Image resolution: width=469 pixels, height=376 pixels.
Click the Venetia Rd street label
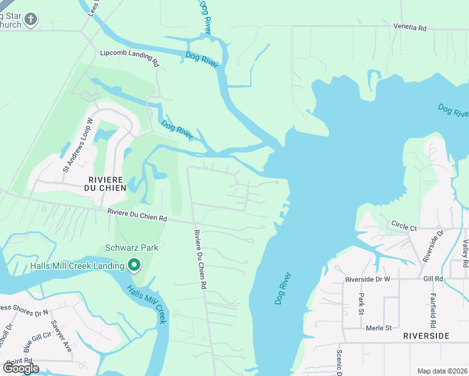(x=409, y=28)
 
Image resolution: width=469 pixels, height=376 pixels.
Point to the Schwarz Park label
(x=132, y=248)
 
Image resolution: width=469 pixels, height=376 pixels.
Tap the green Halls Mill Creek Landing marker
(x=134, y=266)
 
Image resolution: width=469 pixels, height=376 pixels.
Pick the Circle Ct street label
(x=404, y=226)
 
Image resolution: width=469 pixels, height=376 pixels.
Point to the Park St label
(x=361, y=304)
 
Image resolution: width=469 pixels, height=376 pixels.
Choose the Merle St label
(x=379, y=328)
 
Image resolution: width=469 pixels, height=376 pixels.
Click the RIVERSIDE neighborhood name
(x=426, y=336)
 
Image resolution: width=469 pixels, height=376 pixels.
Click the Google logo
(x=21, y=368)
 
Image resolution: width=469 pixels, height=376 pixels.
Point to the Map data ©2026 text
(x=442, y=371)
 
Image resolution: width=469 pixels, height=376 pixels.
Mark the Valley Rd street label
(x=465, y=254)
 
